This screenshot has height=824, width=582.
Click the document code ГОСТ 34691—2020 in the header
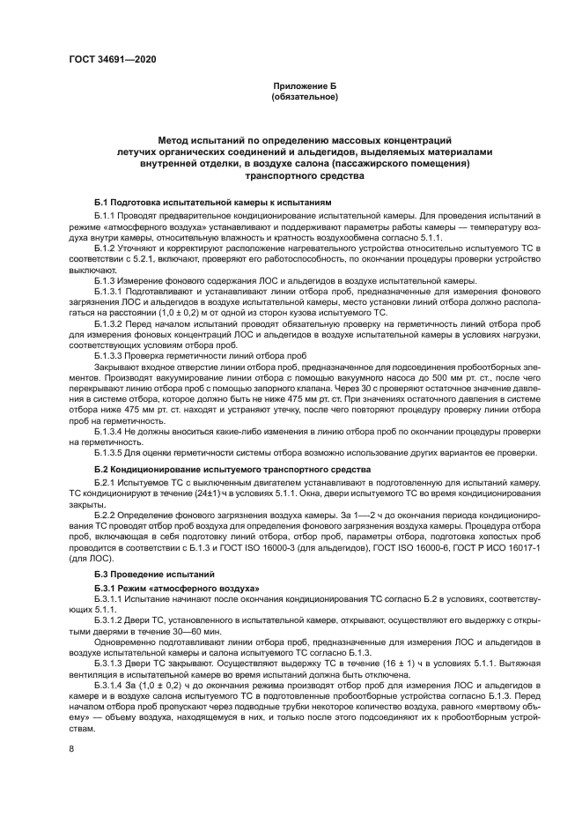click(113, 60)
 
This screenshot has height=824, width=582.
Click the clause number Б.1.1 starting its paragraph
click(105, 215)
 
